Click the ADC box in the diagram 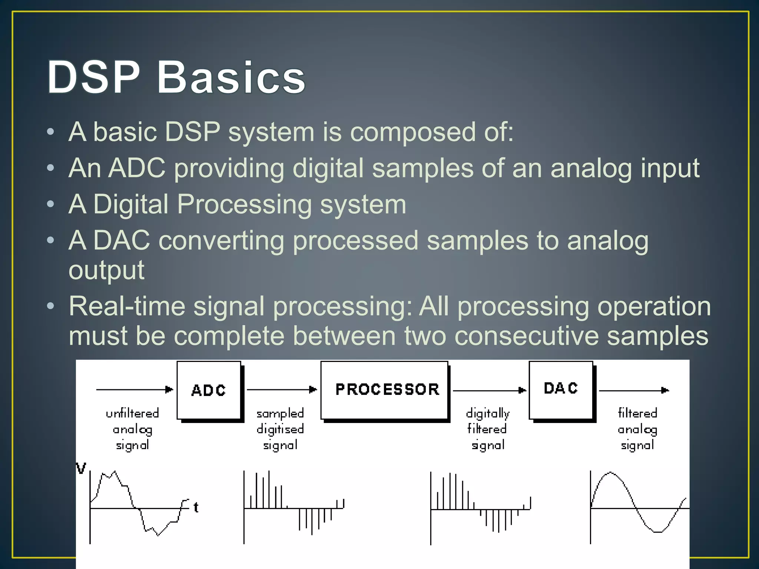click(209, 390)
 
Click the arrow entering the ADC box click(134, 389)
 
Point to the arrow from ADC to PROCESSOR click(282, 389)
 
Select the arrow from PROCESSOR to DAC click(489, 390)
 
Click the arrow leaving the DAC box click(634, 390)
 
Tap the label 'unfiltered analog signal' click(132, 429)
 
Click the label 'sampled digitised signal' click(280, 429)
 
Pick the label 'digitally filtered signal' click(488, 429)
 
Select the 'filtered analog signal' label click(637, 429)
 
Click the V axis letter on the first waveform click(81, 468)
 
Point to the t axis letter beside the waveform click(196, 507)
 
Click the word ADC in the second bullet click(137, 168)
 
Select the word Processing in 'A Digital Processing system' click(244, 204)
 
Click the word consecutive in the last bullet click(526, 336)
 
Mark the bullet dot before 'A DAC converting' click(51, 240)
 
